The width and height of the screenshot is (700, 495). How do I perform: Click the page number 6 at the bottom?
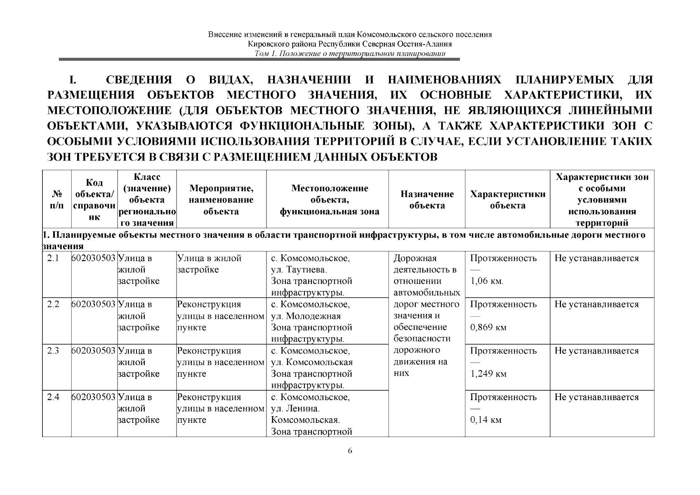(x=350, y=450)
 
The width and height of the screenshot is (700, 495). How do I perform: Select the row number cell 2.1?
(x=53, y=259)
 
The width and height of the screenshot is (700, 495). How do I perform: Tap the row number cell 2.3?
(x=53, y=351)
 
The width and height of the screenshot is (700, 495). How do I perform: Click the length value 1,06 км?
(x=487, y=281)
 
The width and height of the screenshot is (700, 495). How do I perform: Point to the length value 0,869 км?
(x=488, y=328)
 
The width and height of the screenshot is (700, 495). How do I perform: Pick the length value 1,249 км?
(x=488, y=374)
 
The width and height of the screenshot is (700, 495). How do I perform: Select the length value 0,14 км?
(x=486, y=420)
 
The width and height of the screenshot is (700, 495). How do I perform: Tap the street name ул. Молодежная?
(x=306, y=316)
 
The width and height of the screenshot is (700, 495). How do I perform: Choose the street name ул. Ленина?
(x=295, y=409)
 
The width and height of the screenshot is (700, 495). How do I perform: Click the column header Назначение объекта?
(x=427, y=200)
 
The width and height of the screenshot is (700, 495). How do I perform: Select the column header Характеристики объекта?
(x=507, y=200)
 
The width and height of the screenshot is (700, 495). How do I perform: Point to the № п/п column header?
(x=57, y=200)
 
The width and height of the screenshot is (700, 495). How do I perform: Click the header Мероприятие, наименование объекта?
(x=221, y=200)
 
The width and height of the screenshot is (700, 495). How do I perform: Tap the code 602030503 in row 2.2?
(x=94, y=304)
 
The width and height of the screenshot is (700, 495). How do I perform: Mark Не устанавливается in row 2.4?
(x=596, y=397)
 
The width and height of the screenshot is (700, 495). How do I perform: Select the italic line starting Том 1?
(x=350, y=54)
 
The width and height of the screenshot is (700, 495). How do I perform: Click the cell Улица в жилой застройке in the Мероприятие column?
(x=209, y=264)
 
